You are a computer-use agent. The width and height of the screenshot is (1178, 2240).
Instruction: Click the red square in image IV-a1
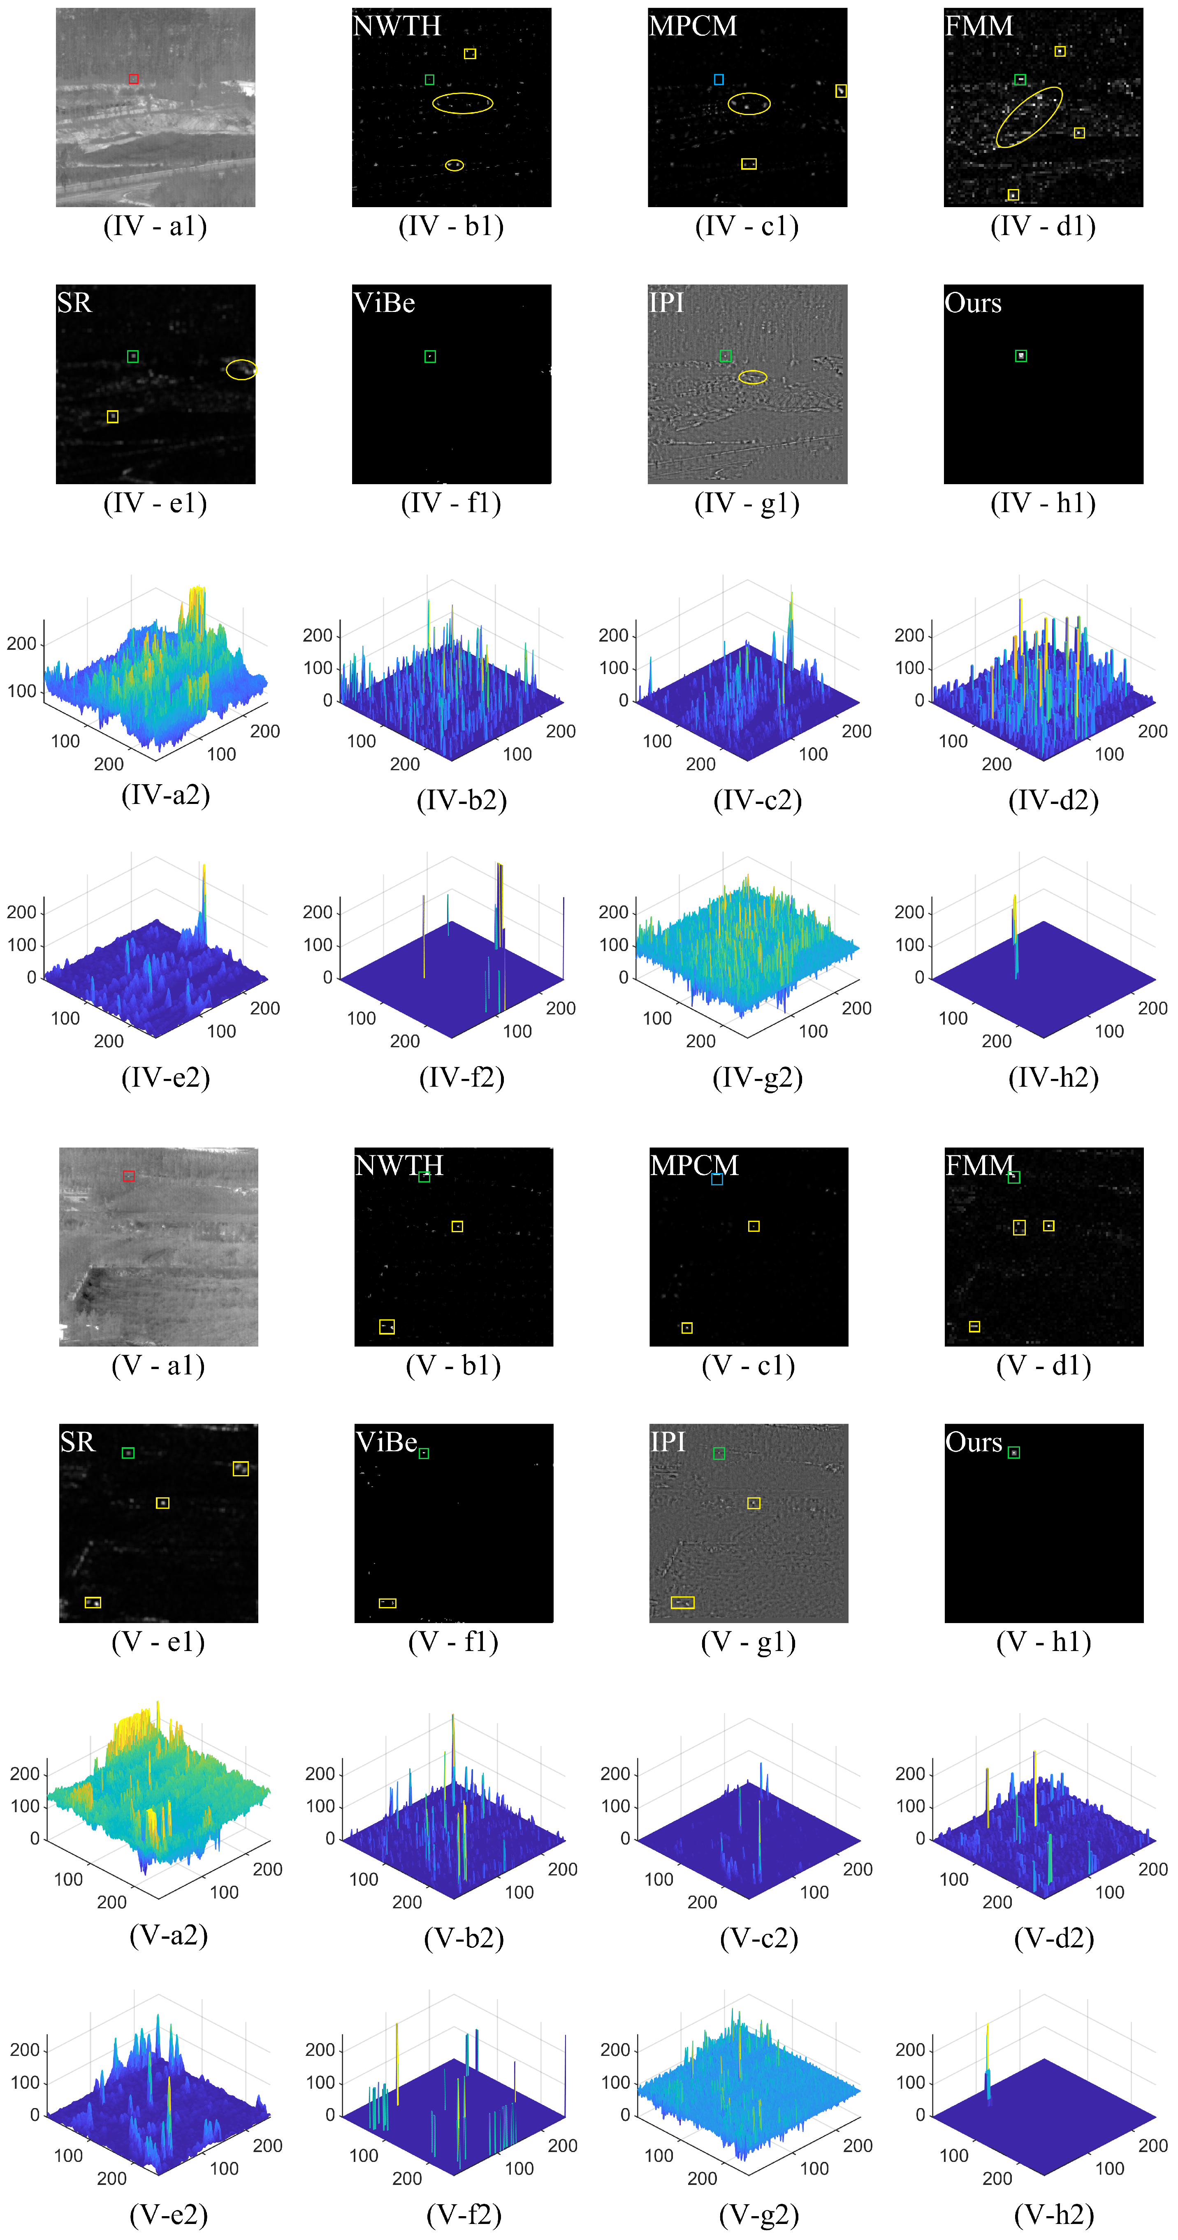click(133, 79)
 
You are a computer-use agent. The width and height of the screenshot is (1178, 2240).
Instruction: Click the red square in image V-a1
click(129, 1175)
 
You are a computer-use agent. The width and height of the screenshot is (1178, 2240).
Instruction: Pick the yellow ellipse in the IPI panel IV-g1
click(753, 376)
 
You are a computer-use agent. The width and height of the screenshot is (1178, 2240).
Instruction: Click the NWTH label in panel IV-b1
click(397, 26)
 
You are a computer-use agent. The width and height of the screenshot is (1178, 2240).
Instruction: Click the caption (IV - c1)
click(747, 226)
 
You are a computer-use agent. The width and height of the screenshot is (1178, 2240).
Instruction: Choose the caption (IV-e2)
click(165, 1076)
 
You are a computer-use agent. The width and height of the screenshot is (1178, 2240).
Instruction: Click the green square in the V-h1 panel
click(1013, 1452)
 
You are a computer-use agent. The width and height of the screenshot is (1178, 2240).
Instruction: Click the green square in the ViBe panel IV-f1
click(430, 356)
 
